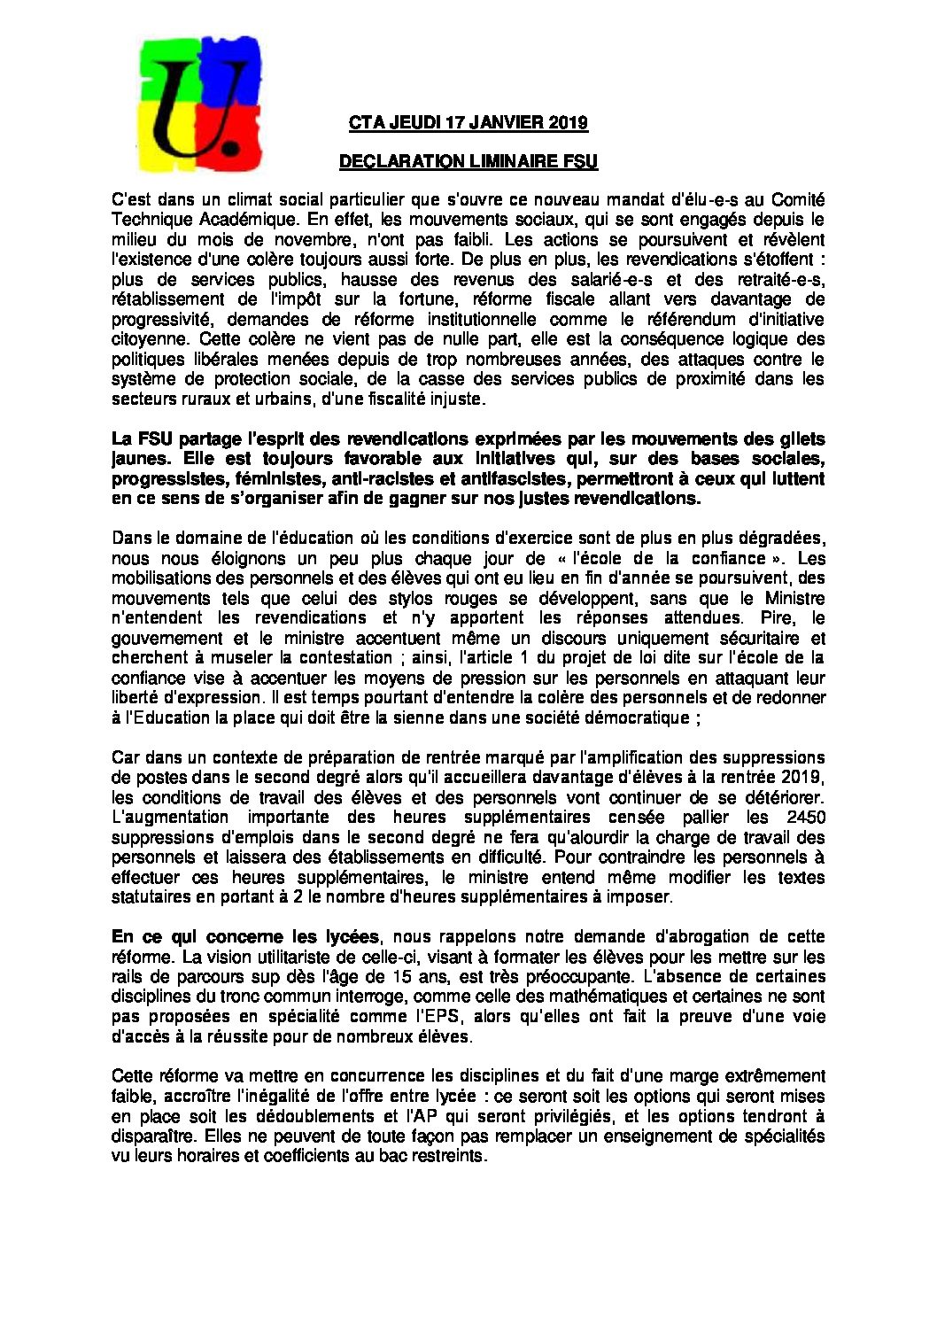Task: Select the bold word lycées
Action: (350, 936)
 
